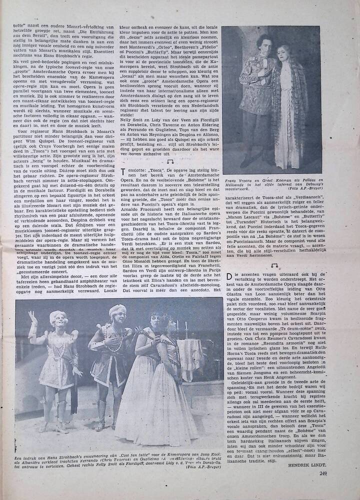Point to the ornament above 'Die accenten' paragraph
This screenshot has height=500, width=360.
(x=274, y=265)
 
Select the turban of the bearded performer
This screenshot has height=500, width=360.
(x=117, y=310)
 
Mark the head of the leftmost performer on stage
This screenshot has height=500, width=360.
(x=56, y=318)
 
